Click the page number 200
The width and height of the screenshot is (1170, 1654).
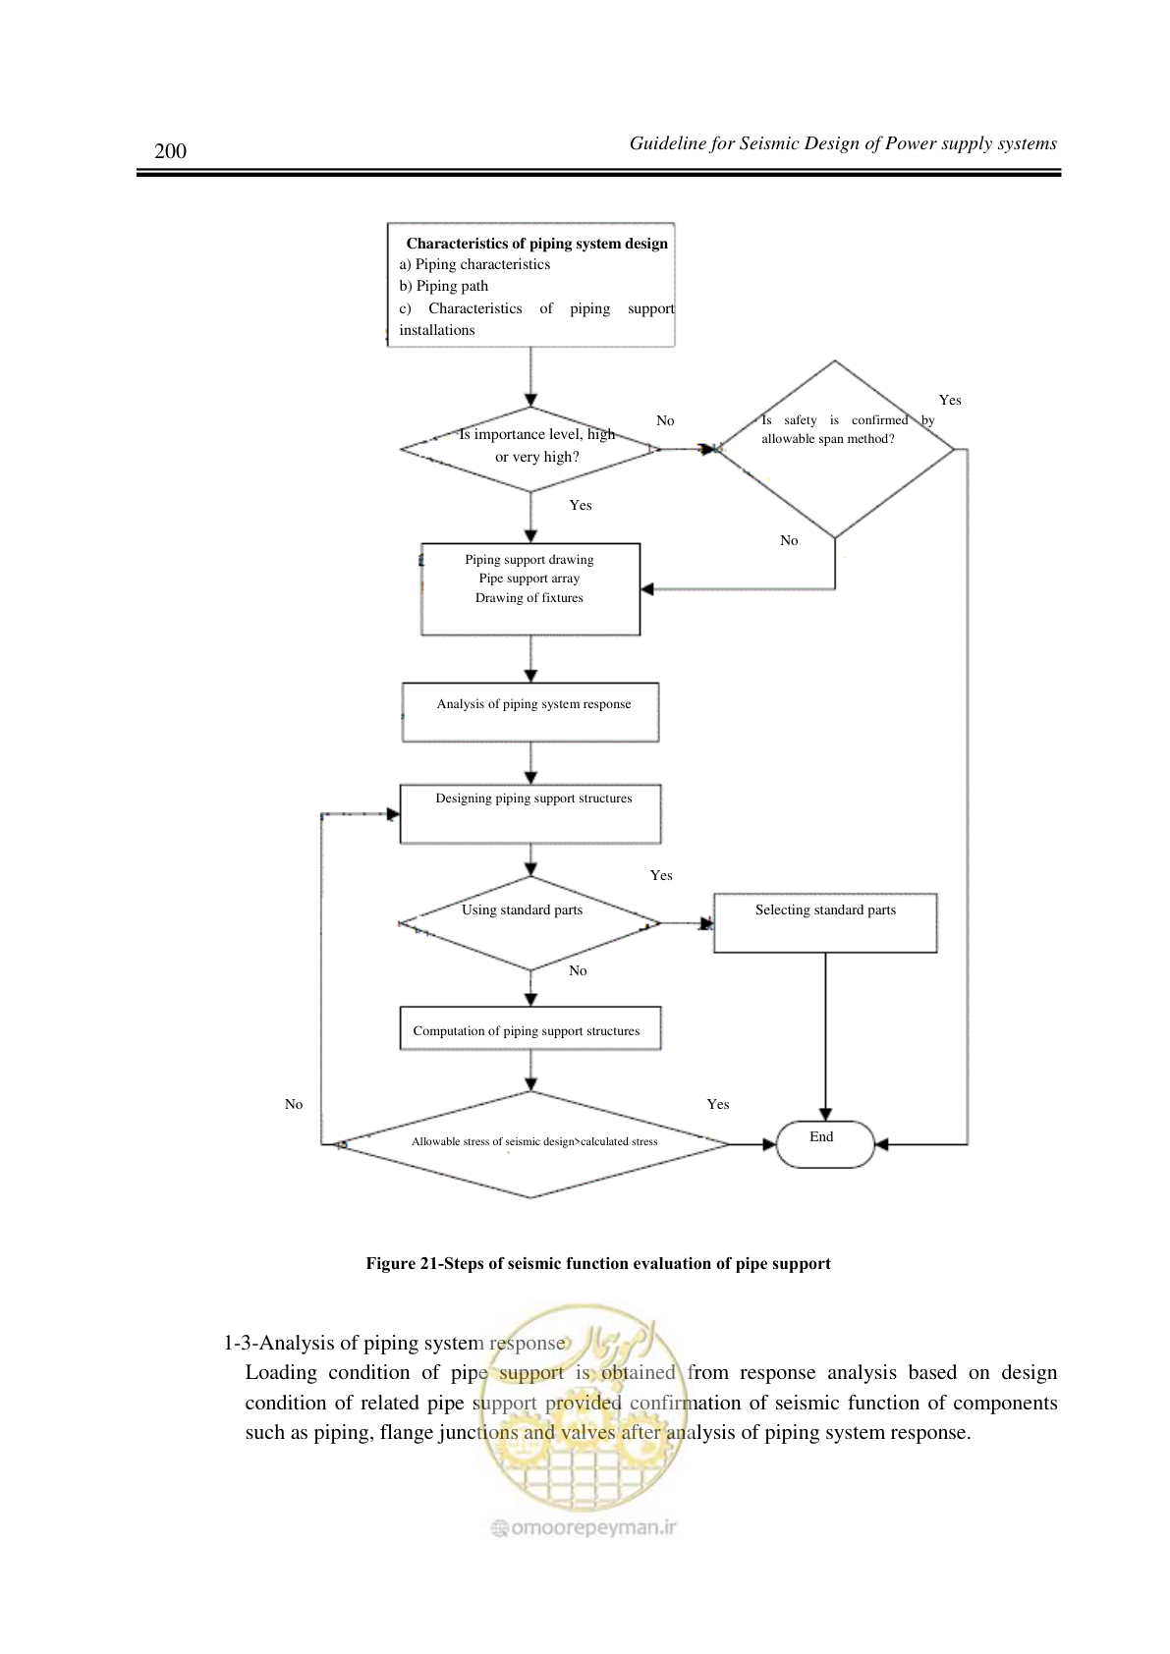click(x=170, y=150)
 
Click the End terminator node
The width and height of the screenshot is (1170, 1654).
click(x=825, y=1144)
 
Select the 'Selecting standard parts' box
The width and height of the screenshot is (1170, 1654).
click(x=825, y=923)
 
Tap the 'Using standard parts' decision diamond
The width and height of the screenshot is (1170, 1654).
click(x=529, y=923)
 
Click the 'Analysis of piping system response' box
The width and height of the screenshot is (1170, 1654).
click(x=530, y=712)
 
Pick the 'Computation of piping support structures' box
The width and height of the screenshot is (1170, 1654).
click(x=530, y=1027)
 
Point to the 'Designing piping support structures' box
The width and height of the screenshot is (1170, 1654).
click(x=530, y=813)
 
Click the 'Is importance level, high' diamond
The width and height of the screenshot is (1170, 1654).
click(x=529, y=449)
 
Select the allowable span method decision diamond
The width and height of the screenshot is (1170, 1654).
click(x=835, y=449)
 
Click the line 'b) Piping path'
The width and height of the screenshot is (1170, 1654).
click(x=443, y=286)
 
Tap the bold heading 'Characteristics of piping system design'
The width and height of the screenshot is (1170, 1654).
click(x=537, y=244)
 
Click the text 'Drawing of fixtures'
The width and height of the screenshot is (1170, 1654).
click(x=529, y=597)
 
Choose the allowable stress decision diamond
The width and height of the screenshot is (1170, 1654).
click(x=529, y=1144)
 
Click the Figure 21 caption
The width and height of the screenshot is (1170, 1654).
click(x=598, y=1263)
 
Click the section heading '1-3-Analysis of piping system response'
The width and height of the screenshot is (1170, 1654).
click(x=395, y=1343)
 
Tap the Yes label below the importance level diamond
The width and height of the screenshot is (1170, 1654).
click(x=581, y=505)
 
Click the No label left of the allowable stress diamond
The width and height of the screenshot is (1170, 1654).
click(x=294, y=1104)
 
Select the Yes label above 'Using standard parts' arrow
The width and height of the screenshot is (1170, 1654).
click(x=661, y=875)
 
